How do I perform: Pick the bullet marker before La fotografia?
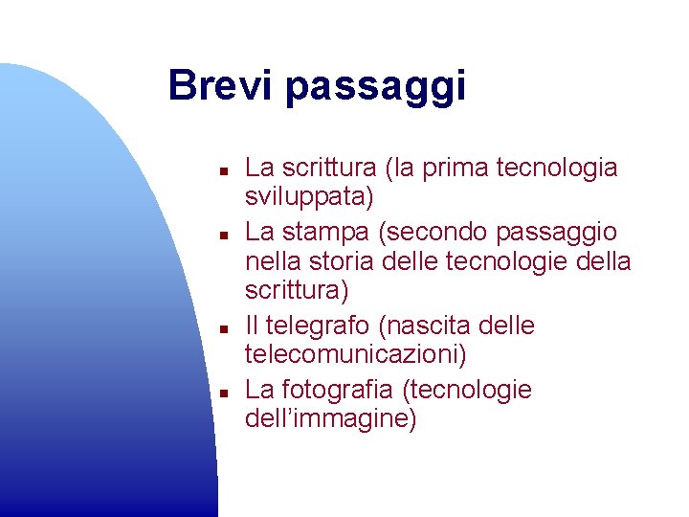(220, 393)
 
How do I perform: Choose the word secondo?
(435, 233)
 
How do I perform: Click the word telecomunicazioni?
(354, 356)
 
